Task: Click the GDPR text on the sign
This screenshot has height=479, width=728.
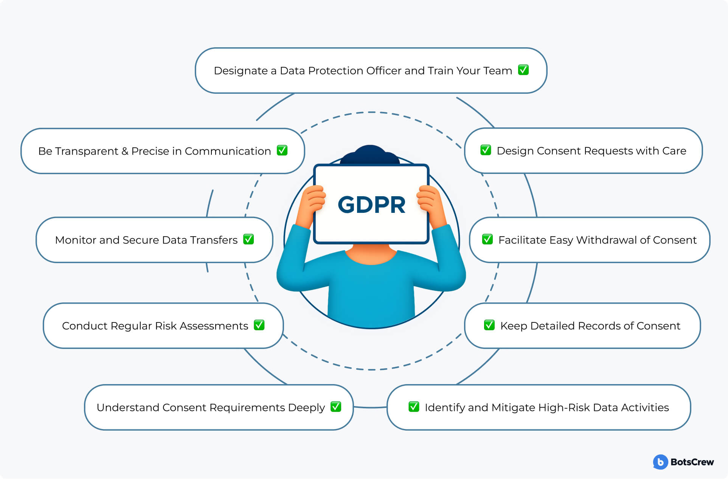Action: (x=371, y=205)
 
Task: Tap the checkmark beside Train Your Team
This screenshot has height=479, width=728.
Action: (x=523, y=70)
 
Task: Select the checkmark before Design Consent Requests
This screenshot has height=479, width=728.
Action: (x=486, y=150)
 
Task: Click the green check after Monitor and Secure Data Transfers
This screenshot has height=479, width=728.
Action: (x=248, y=239)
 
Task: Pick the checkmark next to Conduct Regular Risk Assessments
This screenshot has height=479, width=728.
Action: (x=259, y=325)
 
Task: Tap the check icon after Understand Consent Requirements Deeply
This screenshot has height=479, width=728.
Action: (x=336, y=407)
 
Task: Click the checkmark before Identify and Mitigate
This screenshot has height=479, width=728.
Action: (x=414, y=407)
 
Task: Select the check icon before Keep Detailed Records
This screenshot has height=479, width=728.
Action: (x=489, y=325)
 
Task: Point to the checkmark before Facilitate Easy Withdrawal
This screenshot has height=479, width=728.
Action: (x=487, y=239)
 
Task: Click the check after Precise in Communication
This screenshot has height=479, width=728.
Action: (x=282, y=150)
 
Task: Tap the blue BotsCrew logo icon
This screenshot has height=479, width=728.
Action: (x=660, y=462)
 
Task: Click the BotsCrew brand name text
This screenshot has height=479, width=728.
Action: (x=692, y=462)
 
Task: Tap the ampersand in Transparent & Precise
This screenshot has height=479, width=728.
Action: (x=125, y=151)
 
